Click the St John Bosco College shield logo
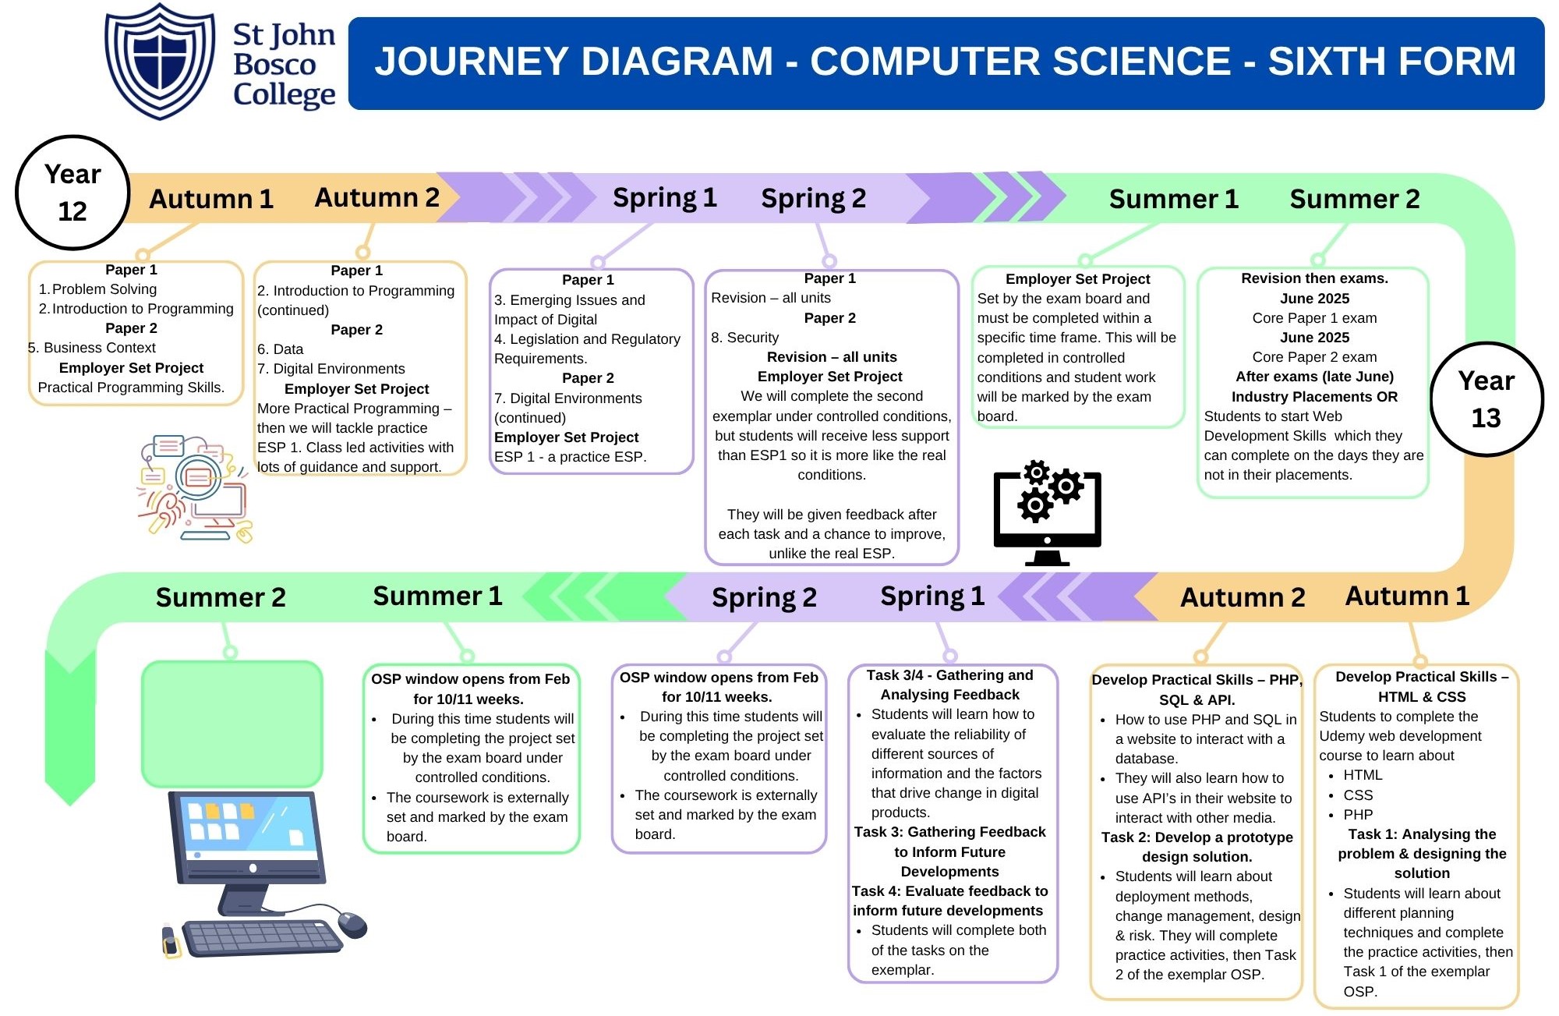tap(160, 61)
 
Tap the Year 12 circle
tap(72, 193)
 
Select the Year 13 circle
tap(1486, 399)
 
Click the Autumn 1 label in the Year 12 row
tap(211, 199)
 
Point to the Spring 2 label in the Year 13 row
tap(764, 597)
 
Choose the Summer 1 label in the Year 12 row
tap(1173, 199)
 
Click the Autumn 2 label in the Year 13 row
tap(1242, 597)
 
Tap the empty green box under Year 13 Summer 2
tap(232, 724)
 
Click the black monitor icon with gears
tap(1047, 512)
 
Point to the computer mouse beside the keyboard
tap(352, 924)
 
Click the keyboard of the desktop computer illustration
tap(263, 937)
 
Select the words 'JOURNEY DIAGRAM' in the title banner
tap(574, 62)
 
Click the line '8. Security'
tap(744, 338)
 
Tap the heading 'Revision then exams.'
tap(1314, 278)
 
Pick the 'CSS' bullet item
tap(1358, 795)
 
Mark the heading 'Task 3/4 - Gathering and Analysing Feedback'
tap(949, 685)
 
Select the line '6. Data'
tap(281, 349)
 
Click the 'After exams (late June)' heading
tap(1314, 377)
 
